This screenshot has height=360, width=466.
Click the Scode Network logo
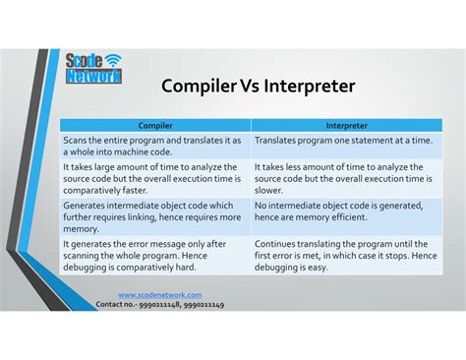point(93,69)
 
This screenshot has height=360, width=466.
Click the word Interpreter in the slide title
point(302,87)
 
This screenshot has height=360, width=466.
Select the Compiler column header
point(154,125)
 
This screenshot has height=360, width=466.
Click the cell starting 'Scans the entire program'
point(154,147)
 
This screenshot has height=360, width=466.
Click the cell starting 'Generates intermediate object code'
point(154,216)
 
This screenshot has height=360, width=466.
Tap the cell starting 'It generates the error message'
point(154,255)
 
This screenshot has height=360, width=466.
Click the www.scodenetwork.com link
point(160,295)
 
